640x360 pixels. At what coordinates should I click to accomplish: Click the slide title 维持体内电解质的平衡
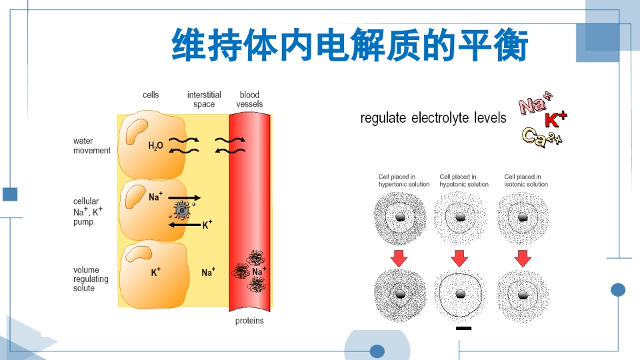point(350,45)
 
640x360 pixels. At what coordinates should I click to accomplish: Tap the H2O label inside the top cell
point(155,145)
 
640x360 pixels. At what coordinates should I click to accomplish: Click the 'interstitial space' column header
point(204,99)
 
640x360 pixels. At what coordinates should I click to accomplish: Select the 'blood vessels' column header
point(249,99)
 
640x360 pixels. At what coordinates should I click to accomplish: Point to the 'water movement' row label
point(92,145)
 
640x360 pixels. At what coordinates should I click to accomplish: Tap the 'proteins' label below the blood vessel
point(249,321)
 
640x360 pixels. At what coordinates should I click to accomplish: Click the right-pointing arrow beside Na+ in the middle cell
point(183,198)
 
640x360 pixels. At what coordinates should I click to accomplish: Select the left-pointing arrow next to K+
point(184,225)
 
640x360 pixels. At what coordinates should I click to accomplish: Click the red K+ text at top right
point(555,120)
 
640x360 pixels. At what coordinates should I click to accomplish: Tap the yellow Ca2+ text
point(541,137)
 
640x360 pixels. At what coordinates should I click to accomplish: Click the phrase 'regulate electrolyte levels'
point(433,119)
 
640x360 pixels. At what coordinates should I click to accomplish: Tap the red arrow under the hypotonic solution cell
point(460,258)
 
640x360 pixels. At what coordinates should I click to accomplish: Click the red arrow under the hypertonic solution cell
point(399,258)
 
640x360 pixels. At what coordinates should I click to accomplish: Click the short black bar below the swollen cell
point(464,329)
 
